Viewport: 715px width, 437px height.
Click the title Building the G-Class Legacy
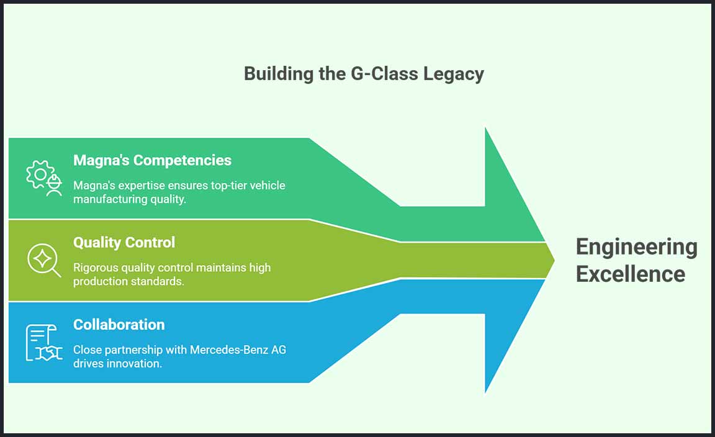364,74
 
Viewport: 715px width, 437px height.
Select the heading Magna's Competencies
152,160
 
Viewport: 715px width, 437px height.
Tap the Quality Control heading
124,242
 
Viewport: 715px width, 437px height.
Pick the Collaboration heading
119,325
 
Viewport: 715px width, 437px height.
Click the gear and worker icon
44,178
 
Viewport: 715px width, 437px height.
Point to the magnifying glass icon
44,259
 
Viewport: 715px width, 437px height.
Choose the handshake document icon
44,342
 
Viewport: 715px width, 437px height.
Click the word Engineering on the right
636,247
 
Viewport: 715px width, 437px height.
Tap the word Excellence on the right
630,274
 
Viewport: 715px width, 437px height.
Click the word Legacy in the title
454,74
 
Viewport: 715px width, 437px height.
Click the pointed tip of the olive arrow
552,260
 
